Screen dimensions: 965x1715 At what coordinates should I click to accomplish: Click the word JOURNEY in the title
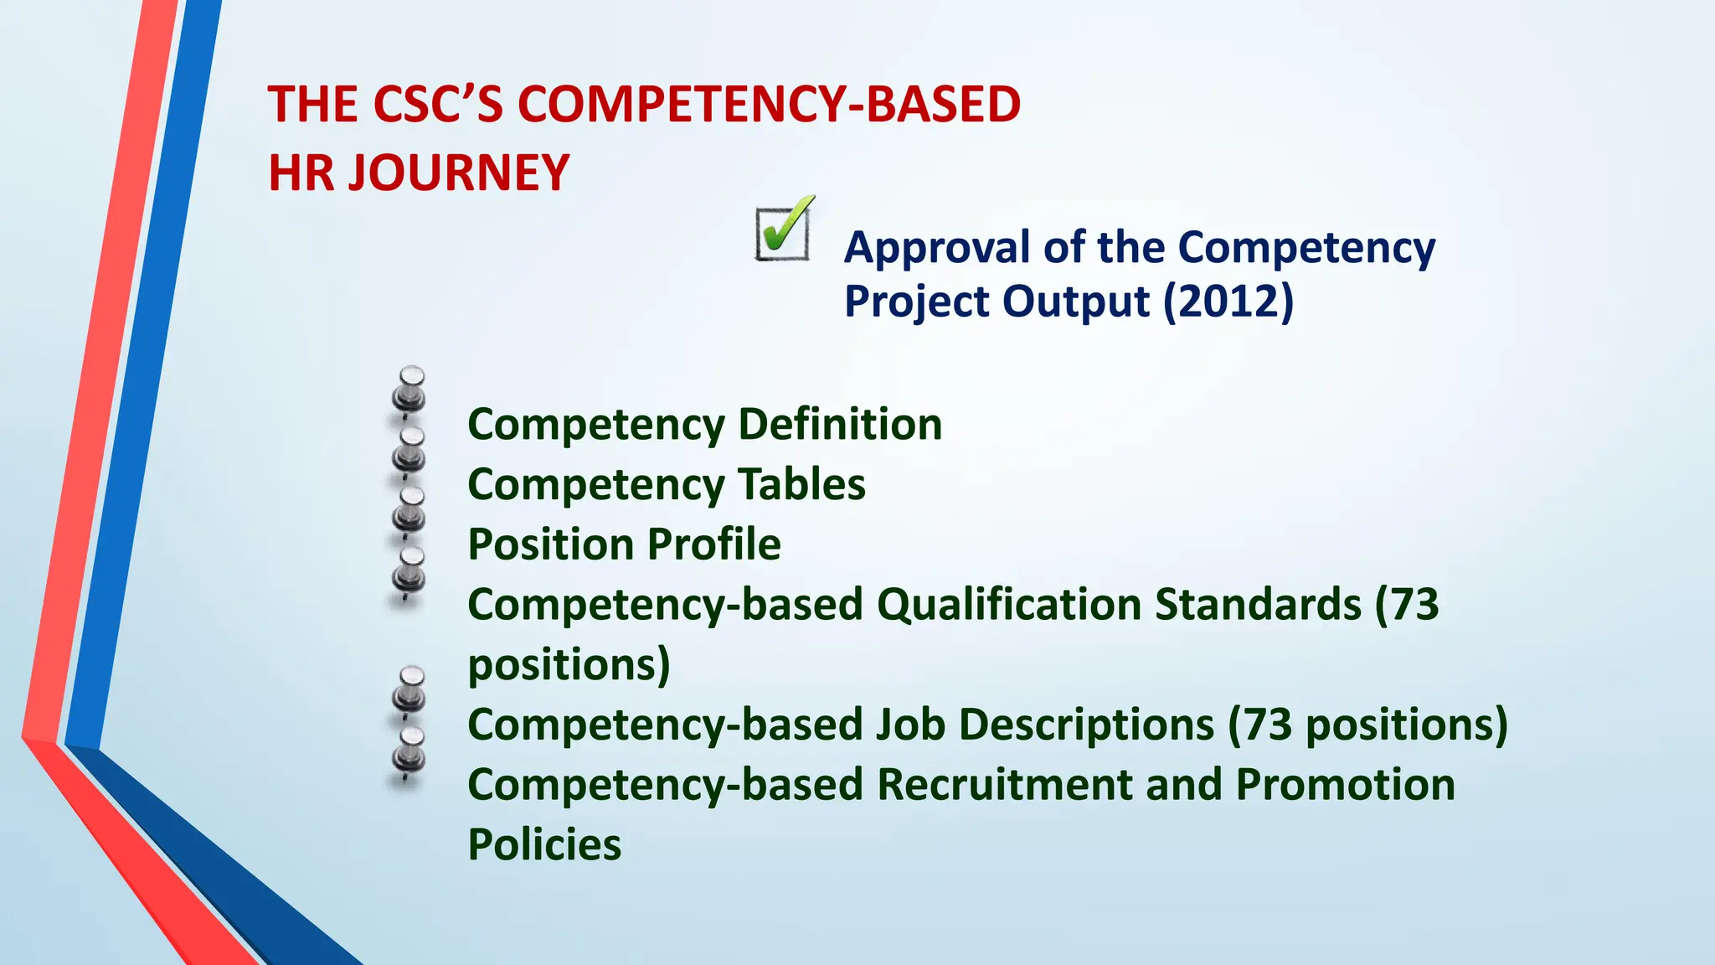(459, 173)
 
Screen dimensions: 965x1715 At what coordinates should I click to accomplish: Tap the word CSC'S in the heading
(436, 106)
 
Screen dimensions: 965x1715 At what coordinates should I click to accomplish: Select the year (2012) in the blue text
(1228, 302)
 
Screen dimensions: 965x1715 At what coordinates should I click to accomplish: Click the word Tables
(801, 484)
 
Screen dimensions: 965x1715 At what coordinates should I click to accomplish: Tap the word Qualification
(1009, 605)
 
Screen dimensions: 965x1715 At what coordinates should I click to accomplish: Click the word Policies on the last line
(544, 845)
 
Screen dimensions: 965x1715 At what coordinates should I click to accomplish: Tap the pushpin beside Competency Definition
(409, 392)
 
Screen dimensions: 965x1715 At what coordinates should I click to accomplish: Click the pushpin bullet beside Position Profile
(409, 511)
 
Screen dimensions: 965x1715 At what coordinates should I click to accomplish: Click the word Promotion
(1345, 785)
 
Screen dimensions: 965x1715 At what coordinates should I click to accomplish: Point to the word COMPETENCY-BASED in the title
(769, 106)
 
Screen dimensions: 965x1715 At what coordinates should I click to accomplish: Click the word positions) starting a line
(569, 665)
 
